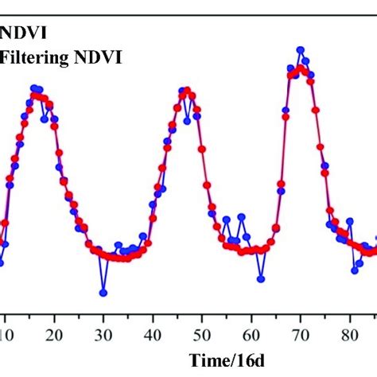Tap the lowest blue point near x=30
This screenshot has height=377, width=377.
point(103,293)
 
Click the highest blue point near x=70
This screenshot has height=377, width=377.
point(300,49)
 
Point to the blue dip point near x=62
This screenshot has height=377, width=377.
point(261,278)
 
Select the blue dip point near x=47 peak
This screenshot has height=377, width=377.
point(187,121)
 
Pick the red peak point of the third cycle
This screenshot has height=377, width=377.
point(300,69)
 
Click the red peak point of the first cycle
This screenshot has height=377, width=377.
point(35,96)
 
